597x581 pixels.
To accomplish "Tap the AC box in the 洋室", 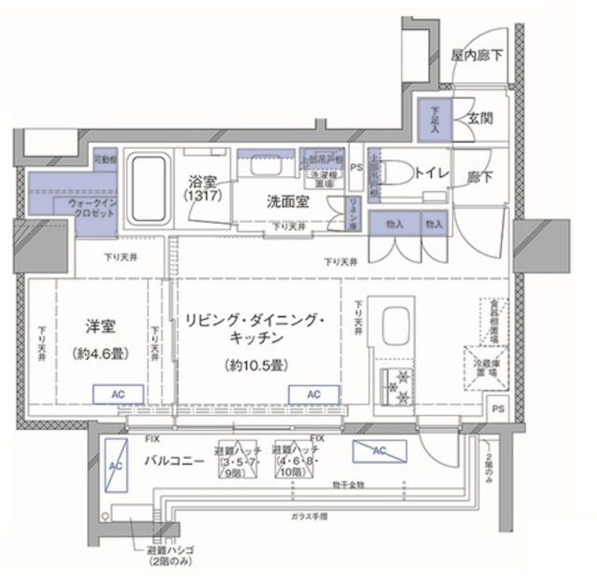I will pos(116,394).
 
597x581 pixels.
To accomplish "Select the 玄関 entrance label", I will pos(480,118).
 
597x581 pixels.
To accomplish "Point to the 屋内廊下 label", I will pos(477,55).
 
